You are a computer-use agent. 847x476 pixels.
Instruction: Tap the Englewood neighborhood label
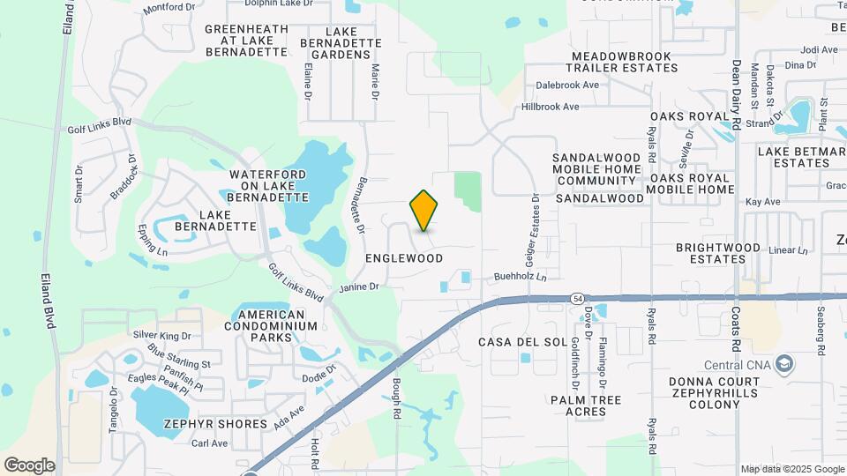[x=403, y=258]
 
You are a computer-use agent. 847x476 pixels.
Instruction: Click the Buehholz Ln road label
[x=521, y=277]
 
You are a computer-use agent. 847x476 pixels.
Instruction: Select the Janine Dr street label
[x=359, y=286]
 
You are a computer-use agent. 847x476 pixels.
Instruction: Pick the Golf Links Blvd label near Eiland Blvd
[x=99, y=129]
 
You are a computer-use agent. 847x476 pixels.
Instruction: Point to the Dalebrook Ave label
[x=567, y=86]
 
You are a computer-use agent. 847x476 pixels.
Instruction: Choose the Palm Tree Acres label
[x=586, y=405]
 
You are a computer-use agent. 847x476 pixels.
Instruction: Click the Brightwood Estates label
[x=717, y=254]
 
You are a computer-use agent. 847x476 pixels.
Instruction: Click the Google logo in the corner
[x=29, y=465]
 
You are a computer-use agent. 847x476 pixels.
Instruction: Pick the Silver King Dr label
[x=161, y=336]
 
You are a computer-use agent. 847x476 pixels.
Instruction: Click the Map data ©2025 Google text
[x=791, y=469]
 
